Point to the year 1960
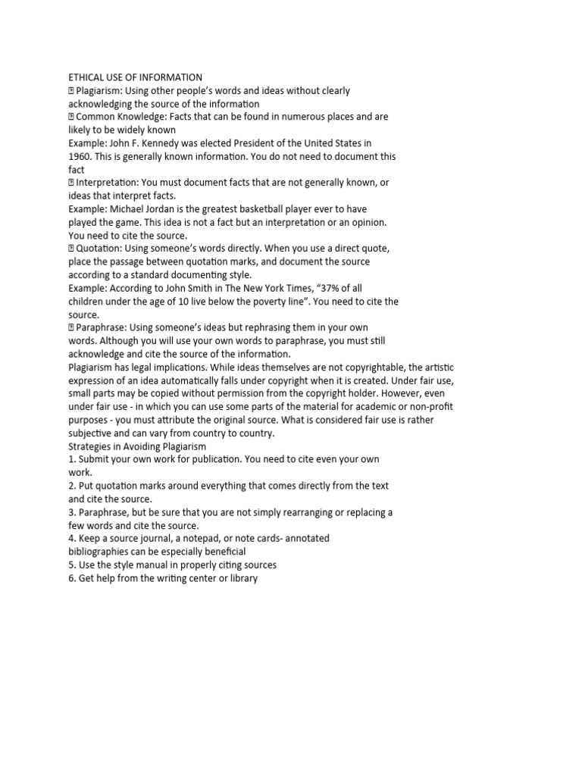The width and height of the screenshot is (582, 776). pyautogui.click(x=80, y=156)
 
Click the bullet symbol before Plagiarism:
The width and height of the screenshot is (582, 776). pyautogui.click(x=72, y=91)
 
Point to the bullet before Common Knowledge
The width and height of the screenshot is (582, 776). pyautogui.click(x=72, y=117)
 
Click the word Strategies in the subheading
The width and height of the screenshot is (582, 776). pyautogui.click(x=91, y=446)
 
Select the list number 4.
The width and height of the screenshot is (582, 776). pyautogui.click(x=71, y=538)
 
